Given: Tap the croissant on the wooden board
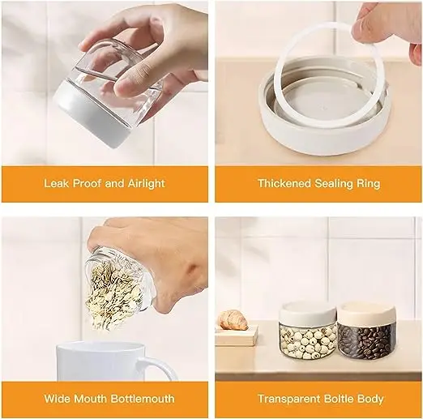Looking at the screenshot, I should (x=236, y=319).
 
